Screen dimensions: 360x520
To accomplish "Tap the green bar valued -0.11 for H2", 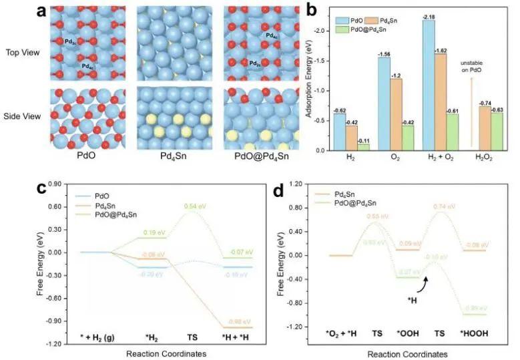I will click(364, 147).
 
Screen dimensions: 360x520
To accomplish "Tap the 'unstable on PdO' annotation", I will click(467, 67).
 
